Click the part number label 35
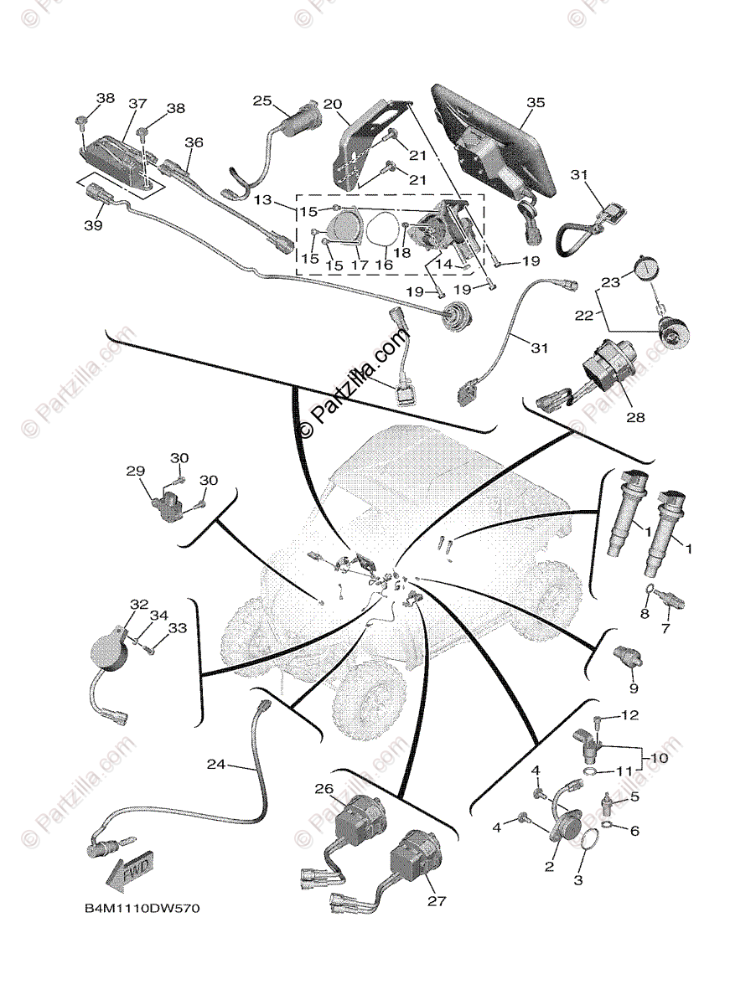point(535,102)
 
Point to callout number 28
point(635,416)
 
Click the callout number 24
point(216,764)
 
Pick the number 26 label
point(324,788)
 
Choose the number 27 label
point(436,901)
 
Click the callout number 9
point(634,688)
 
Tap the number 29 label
point(136,472)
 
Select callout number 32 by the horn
point(138,604)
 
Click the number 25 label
point(262,101)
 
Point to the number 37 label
point(137,104)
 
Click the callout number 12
point(629,715)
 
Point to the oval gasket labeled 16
point(385,230)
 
